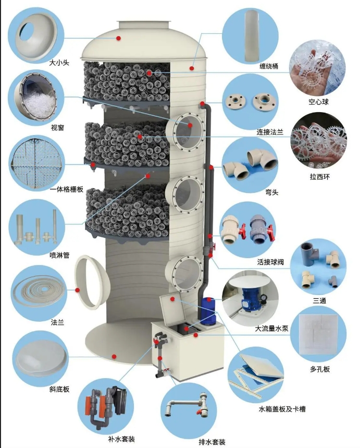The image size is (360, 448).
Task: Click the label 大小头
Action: [x=60, y=63]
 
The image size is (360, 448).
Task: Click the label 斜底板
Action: [x=59, y=389]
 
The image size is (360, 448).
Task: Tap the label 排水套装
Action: [x=212, y=442]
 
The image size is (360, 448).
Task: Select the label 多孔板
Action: [x=319, y=369]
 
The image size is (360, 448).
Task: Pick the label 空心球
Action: [x=318, y=102]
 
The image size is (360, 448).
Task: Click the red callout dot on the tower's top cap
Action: [x=119, y=38]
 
